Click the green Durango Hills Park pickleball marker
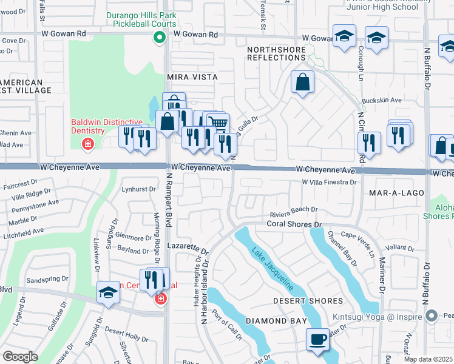pyautogui.click(x=159, y=38)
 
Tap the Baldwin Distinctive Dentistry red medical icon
pyautogui.click(x=88, y=144)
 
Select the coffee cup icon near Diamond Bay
pyautogui.click(x=318, y=340)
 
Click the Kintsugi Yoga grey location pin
pyautogui.click(x=432, y=315)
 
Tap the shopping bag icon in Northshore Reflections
pyautogui.click(x=302, y=83)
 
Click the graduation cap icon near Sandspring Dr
pyautogui.click(x=109, y=292)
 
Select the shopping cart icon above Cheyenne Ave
pyautogui.click(x=219, y=124)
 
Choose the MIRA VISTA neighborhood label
pyautogui.click(x=192, y=78)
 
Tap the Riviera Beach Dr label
pyautogui.click(x=294, y=209)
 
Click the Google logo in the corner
pyautogui.click(x=20, y=357)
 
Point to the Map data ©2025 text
pyautogui.click(x=428, y=359)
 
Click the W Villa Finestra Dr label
pyautogui.click(x=328, y=181)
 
